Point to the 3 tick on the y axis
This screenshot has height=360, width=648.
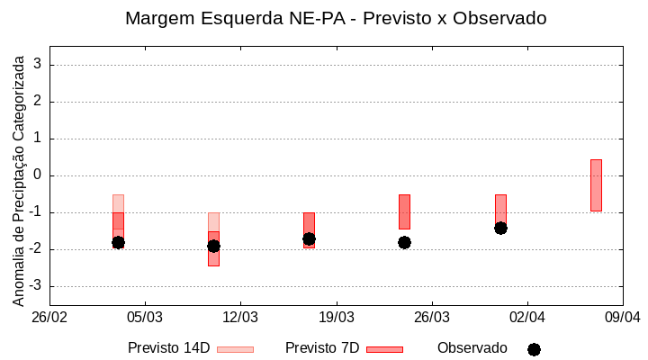coord(38,65)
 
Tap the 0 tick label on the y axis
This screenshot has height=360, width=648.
coord(38,175)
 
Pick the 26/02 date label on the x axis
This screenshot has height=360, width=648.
coord(49,318)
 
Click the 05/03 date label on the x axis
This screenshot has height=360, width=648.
coord(145,318)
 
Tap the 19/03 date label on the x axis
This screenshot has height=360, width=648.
coord(336,318)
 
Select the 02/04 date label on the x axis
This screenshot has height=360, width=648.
coord(527,318)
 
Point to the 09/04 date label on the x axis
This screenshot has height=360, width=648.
coord(622,318)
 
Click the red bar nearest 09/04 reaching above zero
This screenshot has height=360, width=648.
coord(596,184)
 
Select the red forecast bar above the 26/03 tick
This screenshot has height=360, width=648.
coord(404,211)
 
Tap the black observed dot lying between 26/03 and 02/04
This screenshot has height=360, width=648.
coord(500,228)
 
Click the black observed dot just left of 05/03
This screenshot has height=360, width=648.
coord(118,242)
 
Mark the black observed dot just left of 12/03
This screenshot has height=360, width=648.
coord(213,246)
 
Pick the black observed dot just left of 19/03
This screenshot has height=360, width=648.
coord(309,238)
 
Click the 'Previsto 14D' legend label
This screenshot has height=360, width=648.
coord(168,348)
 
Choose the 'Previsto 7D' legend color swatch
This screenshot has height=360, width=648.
coord(384,349)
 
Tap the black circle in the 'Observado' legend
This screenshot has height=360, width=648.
coord(534,349)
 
